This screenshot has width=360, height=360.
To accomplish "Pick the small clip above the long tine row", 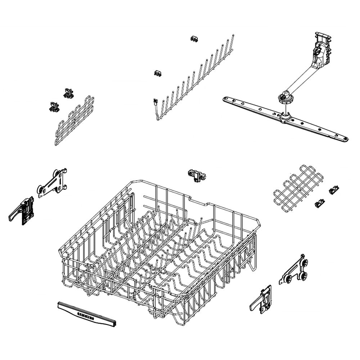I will [x=195, y=39].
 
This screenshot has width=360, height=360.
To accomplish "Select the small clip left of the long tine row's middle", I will [x=157, y=73].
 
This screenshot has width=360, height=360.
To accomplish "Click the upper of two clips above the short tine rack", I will [x=68, y=93].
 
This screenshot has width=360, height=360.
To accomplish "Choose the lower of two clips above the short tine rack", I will [x=54, y=106].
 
